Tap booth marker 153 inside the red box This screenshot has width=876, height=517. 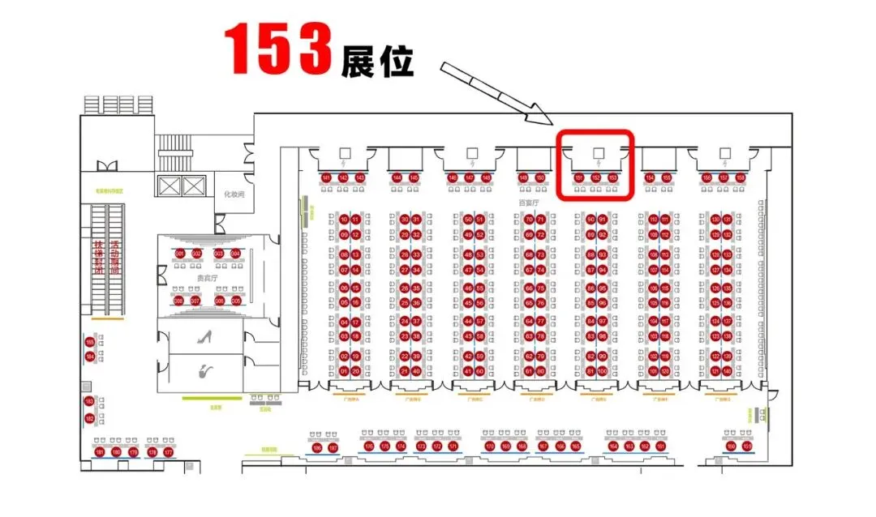coord(613,177)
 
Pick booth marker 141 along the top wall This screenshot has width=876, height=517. coord(326,177)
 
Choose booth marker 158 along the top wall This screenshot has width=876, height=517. coord(740,177)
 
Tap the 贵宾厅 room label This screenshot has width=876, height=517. coord(206,277)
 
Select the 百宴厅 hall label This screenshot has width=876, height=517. coord(529,203)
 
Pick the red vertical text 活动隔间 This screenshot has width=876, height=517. coord(115,258)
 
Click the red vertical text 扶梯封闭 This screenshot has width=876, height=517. coord(98,258)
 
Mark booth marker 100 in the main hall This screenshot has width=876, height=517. coord(602,371)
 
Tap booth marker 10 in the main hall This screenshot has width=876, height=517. coord(344,220)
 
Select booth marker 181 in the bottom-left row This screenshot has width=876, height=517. coord(100,451)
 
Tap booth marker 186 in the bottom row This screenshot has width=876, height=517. coord(317,447)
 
